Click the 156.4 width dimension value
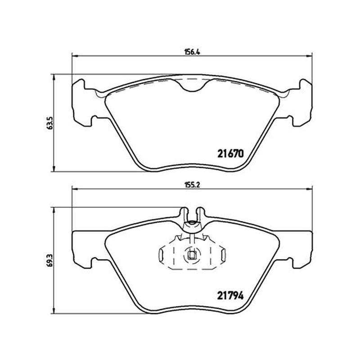coord(192,52)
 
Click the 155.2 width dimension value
coord(192,185)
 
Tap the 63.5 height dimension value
coord(50,123)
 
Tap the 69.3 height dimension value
coord(50,260)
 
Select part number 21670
coord(230,153)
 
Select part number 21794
coord(230,296)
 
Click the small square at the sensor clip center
coord(192,255)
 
